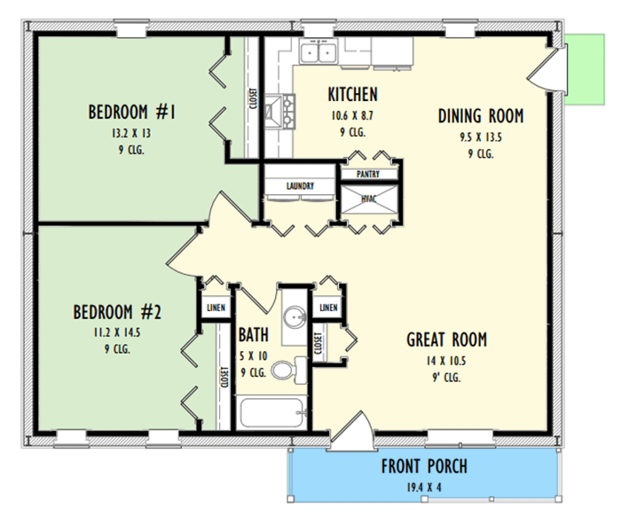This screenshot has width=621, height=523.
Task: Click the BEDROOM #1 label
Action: click(x=133, y=113)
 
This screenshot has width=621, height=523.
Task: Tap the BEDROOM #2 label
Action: click(x=116, y=312)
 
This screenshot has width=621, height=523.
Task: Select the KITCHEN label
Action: click(x=352, y=95)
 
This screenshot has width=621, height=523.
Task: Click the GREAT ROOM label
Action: click(x=446, y=340)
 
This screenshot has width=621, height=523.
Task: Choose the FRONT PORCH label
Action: click(x=424, y=466)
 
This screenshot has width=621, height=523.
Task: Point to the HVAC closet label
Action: click(x=368, y=199)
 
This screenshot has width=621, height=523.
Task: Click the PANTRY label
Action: click(x=368, y=175)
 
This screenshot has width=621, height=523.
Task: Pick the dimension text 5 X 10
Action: click(x=253, y=355)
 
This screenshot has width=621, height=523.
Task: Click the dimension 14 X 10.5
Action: click(x=446, y=361)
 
